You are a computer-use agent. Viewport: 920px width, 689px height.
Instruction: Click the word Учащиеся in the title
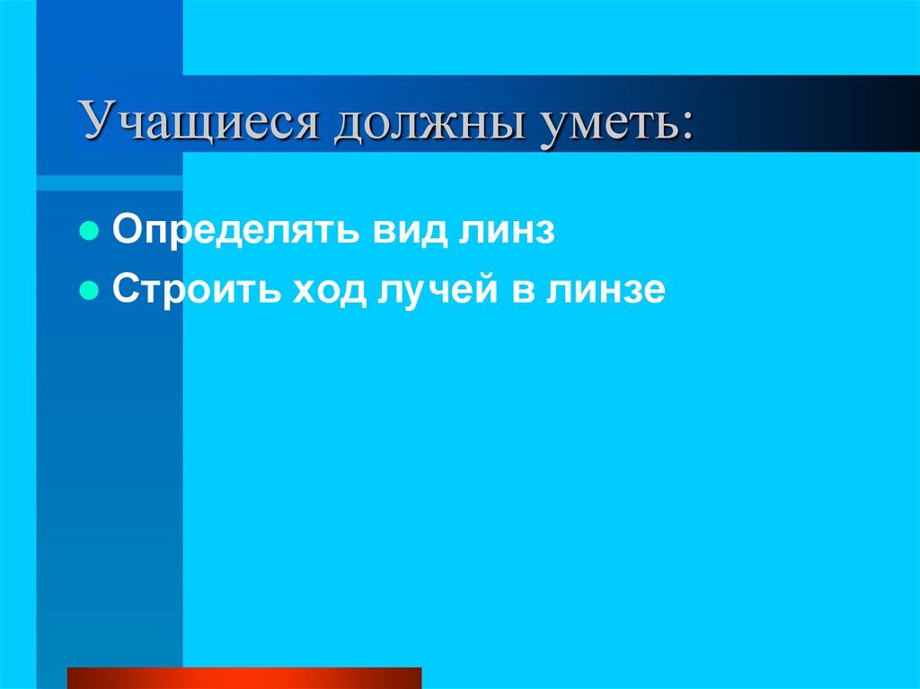(x=199, y=120)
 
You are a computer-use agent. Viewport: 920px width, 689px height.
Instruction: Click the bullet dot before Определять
(x=89, y=231)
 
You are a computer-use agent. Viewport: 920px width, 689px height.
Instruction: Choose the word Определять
(x=233, y=231)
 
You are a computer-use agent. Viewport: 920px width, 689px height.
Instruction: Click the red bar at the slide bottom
(x=244, y=677)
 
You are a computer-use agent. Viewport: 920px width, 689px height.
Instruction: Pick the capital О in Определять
(x=125, y=231)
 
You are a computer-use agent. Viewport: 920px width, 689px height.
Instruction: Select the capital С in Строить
(x=124, y=290)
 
